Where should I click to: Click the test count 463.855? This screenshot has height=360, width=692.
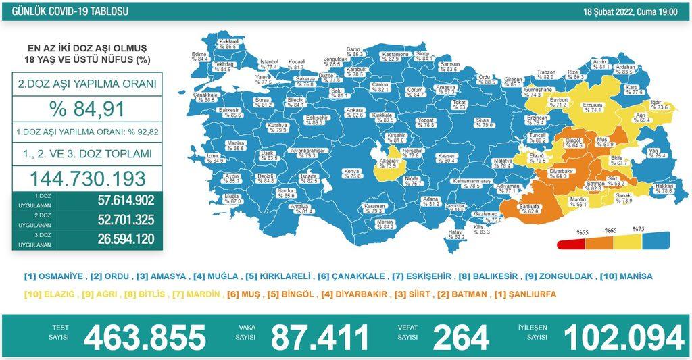pyautogui.click(x=144, y=336)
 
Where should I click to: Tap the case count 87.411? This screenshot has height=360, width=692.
pyautogui.click(x=320, y=336)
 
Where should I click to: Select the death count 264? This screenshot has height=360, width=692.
pyautogui.click(x=462, y=336)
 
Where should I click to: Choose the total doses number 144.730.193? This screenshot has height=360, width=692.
pyautogui.click(x=87, y=178)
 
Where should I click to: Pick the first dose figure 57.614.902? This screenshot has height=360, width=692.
pyautogui.click(x=116, y=201)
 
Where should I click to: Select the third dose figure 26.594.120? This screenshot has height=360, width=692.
pyautogui.click(x=116, y=239)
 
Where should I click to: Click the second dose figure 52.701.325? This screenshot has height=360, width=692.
pyautogui.click(x=116, y=220)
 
